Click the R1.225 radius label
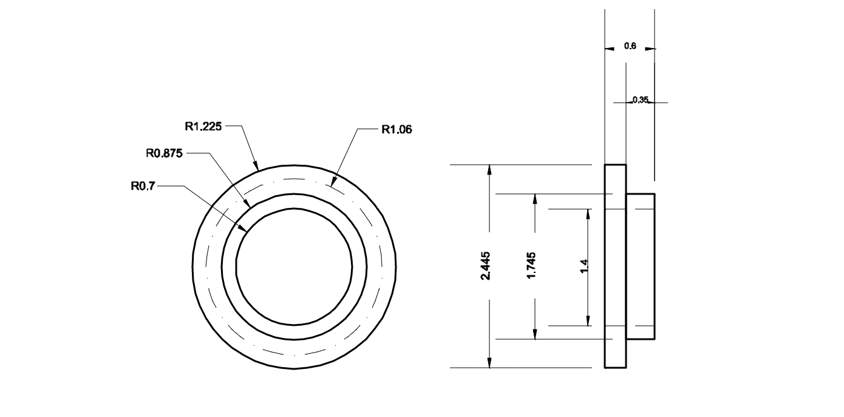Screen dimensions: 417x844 click(x=204, y=127)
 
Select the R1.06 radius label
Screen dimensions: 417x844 click(x=397, y=129)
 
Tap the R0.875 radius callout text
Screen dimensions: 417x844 click(x=165, y=153)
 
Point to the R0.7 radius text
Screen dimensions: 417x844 click(x=143, y=187)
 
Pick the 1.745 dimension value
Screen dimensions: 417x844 click(x=531, y=266)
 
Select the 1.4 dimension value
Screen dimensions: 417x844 click(x=584, y=266)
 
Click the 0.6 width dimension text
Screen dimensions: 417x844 click(x=630, y=46)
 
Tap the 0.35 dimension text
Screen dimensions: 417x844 click(x=640, y=100)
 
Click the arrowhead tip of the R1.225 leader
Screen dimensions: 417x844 click(x=258, y=169)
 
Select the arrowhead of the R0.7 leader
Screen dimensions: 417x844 click(x=246, y=232)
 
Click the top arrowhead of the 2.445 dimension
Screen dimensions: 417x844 click(x=489, y=166)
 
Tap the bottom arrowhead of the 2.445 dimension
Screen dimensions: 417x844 click(x=489, y=367)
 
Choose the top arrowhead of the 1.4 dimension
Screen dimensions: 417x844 click(x=588, y=210)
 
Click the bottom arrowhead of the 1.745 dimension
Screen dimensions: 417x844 click(x=535, y=338)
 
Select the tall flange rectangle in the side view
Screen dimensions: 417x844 click(x=615, y=266)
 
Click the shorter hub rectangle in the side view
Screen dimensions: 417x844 click(x=641, y=266)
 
